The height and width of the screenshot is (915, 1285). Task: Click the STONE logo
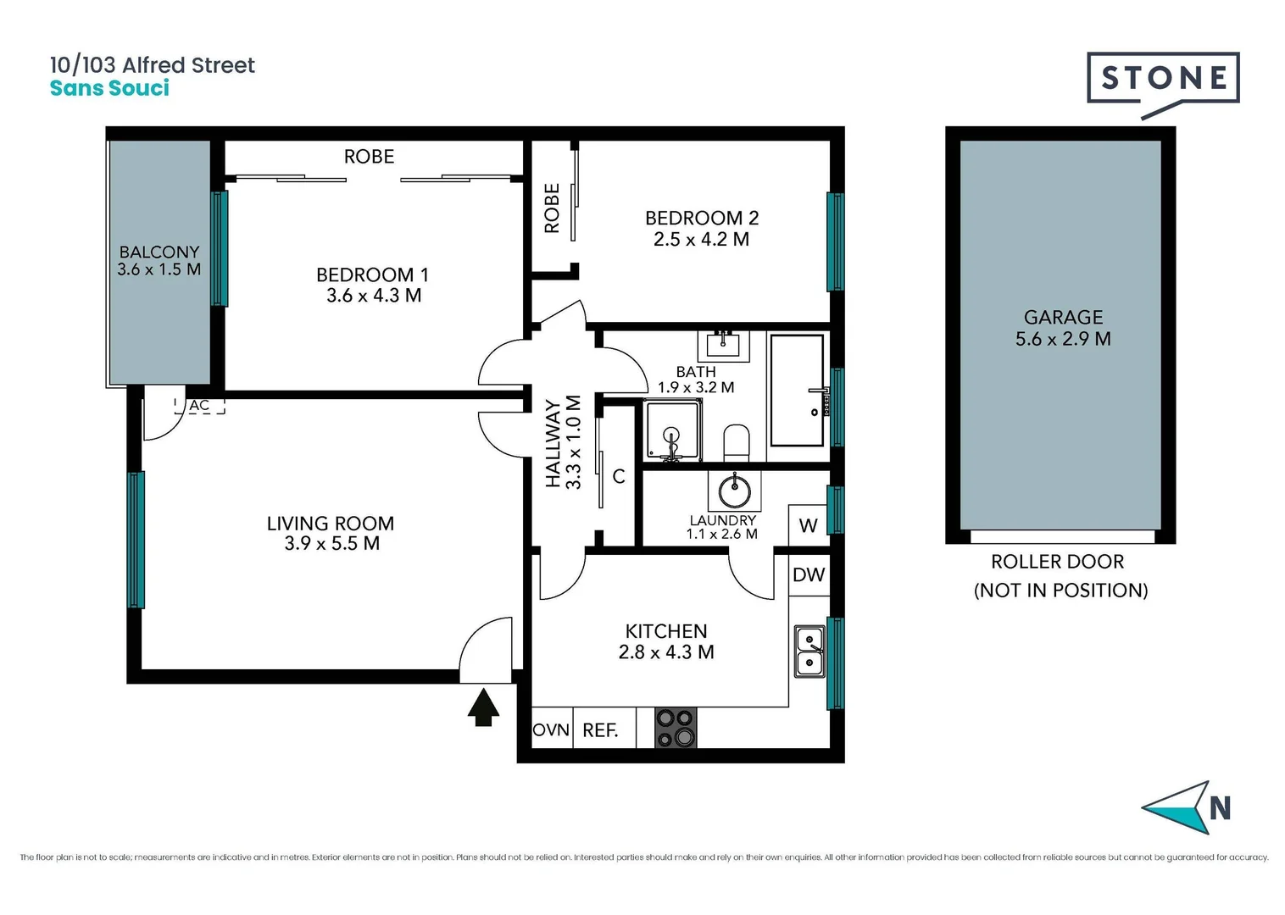tap(1162, 80)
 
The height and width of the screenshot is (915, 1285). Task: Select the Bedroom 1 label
tap(372, 274)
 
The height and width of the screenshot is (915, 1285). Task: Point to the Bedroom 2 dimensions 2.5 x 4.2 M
tap(701, 240)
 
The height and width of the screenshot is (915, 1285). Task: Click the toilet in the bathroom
tap(737, 442)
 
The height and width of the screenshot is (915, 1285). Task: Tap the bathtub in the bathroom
tap(797, 390)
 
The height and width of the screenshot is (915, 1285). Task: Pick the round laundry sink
tap(734, 490)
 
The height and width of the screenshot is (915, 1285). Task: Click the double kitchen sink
tap(809, 651)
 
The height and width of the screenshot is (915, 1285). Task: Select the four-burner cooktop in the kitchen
tap(676, 729)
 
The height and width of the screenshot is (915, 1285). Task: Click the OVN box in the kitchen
tap(551, 729)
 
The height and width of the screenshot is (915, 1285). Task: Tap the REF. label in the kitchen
tap(600, 730)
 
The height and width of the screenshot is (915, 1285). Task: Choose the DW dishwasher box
tap(809, 575)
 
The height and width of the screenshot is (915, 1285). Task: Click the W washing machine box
tap(808, 525)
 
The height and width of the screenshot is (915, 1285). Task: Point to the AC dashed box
tap(200, 406)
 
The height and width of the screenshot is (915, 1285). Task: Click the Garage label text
tap(1063, 318)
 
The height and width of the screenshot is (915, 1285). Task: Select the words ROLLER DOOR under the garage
tap(1057, 562)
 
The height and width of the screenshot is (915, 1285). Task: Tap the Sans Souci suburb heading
tap(109, 88)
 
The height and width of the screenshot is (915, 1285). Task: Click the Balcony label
tap(159, 252)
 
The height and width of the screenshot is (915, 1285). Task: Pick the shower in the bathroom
tap(673, 432)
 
